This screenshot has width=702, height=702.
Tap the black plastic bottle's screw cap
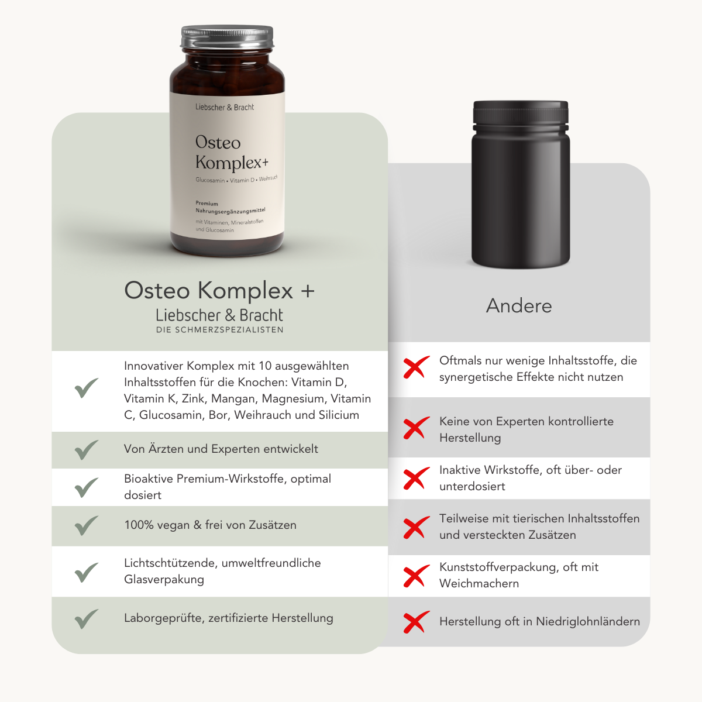point(521,113)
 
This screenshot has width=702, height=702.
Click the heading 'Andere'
point(519,305)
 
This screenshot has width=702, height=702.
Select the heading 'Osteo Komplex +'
point(219,290)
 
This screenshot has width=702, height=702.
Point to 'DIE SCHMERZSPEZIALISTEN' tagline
point(219,330)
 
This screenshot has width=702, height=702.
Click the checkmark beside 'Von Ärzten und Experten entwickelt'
point(87,449)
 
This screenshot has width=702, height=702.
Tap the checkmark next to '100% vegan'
point(87,525)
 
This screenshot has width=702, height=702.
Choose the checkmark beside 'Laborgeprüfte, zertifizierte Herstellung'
point(87,618)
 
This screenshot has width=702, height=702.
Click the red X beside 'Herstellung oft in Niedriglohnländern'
point(416,622)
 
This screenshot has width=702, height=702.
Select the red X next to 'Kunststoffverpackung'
point(416,576)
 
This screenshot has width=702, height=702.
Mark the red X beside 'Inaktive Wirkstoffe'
point(416,479)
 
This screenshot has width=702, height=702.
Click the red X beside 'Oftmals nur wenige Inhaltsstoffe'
point(416,368)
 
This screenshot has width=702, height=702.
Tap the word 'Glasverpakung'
point(164,580)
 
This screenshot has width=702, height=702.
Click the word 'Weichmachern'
point(479,583)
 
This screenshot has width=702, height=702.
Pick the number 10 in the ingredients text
point(265,366)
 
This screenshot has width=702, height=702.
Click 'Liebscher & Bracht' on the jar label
point(225,107)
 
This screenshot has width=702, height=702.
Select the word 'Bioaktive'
point(149,479)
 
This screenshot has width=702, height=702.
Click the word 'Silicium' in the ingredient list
point(339,415)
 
